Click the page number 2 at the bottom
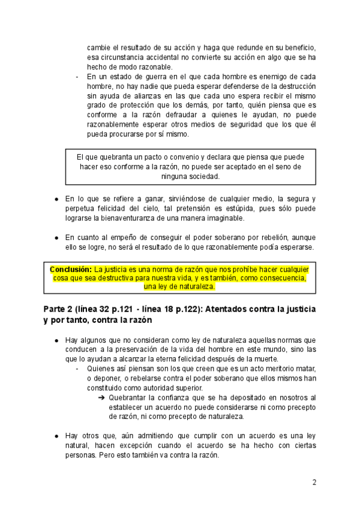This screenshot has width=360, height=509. point(314,482)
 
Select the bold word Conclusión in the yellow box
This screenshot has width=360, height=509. point(71,269)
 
